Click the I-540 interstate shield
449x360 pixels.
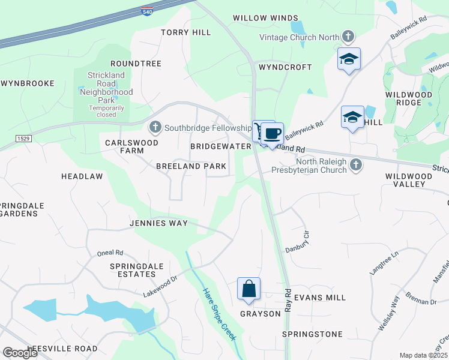tap(147, 11)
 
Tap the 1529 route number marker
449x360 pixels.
tap(23, 138)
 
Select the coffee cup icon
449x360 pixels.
tap(272, 133)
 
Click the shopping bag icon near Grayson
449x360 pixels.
tap(249, 289)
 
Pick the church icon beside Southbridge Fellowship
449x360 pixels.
tap(155, 127)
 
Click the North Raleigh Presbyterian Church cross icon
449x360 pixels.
tap(356, 164)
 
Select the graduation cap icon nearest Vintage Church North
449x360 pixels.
tap(349, 59)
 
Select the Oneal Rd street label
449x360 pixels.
tap(110, 253)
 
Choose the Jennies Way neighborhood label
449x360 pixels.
tap(158, 223)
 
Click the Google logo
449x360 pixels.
tap(20, 353)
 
